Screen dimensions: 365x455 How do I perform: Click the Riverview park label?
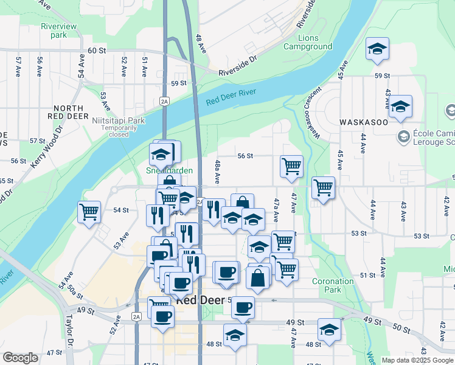coord(58,30)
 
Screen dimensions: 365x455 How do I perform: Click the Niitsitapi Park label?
coord(118,120)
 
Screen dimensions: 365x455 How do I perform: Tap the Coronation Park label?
coord(333,285)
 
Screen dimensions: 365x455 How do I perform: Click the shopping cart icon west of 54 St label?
coord(89,212)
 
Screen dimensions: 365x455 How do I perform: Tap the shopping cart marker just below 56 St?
coord(292,166)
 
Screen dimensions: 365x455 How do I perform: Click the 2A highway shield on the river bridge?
coord(164,101)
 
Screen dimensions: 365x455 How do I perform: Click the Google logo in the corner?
coord(20,358)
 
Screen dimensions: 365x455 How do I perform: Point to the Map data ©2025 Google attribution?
coord(417,360)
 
